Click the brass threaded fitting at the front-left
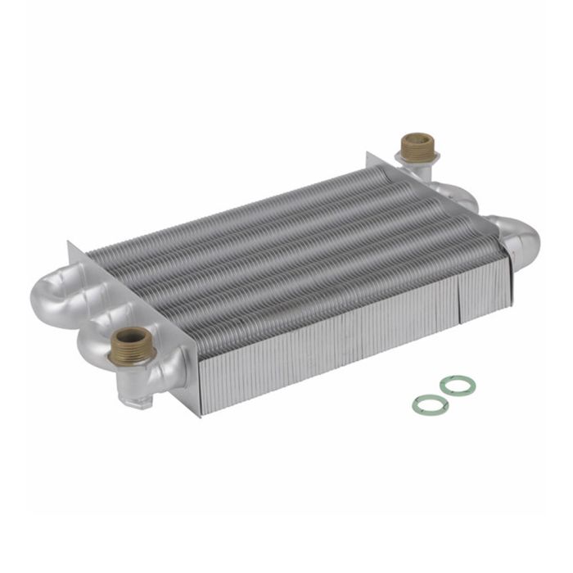pos(131,345)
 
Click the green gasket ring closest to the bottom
pos(429,404)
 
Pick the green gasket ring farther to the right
pos(456,386)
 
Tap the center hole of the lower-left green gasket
pos(429,404)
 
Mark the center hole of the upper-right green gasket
pos(456,386)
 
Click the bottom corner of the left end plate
pos(197,414)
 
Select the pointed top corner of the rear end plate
pos(369,154)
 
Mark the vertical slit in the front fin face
pos(458,302)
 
